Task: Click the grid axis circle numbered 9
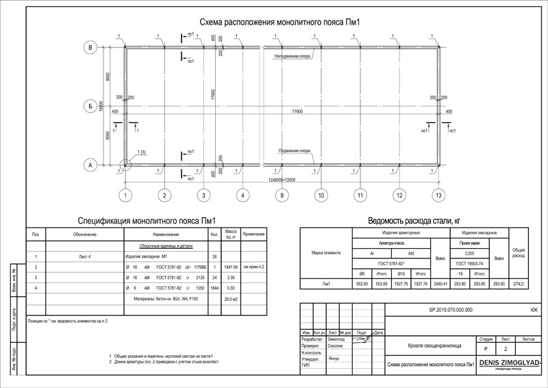click(281, 196)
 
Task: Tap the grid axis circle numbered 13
click(438, 196)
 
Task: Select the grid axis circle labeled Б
click(89, 106)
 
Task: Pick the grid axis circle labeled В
click(89, 47)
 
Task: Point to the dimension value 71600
click(297, 110)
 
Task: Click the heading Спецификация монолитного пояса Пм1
click(147, 221)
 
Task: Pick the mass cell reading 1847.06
click(231, 266)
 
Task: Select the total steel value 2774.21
click(519, 282)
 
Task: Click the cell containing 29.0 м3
click(231, 299)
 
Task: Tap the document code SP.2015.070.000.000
click(450, 309)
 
